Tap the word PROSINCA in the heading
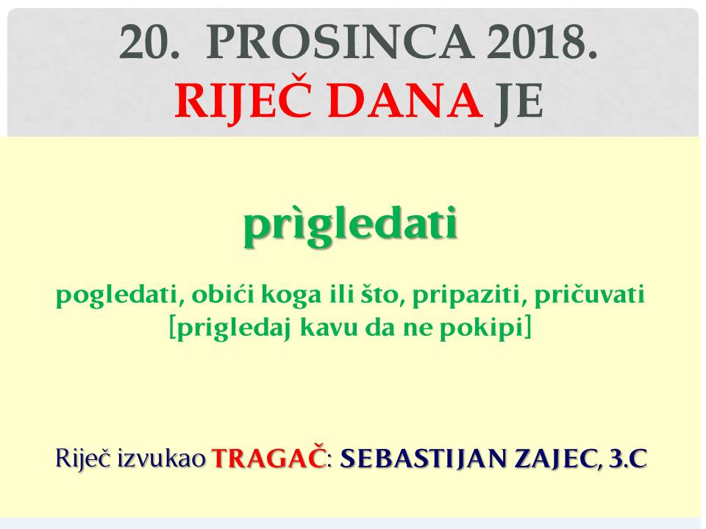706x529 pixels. click(x=340, y=43)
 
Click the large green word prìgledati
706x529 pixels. click(x=350, y=225)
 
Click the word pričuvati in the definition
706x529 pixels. click(x=589, y=296)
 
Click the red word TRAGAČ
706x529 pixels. click(x=269, y=458)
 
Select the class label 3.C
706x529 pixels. click(x=628, y=458)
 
